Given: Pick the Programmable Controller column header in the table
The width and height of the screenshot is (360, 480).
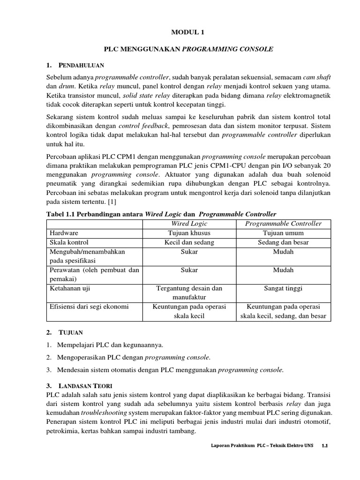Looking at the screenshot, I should (283, 224).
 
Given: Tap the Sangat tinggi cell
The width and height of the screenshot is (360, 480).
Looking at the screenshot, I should (283, 288).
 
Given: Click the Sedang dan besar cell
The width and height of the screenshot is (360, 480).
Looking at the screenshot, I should (283, 242).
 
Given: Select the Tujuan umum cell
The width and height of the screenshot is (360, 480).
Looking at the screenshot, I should (283, 233).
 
